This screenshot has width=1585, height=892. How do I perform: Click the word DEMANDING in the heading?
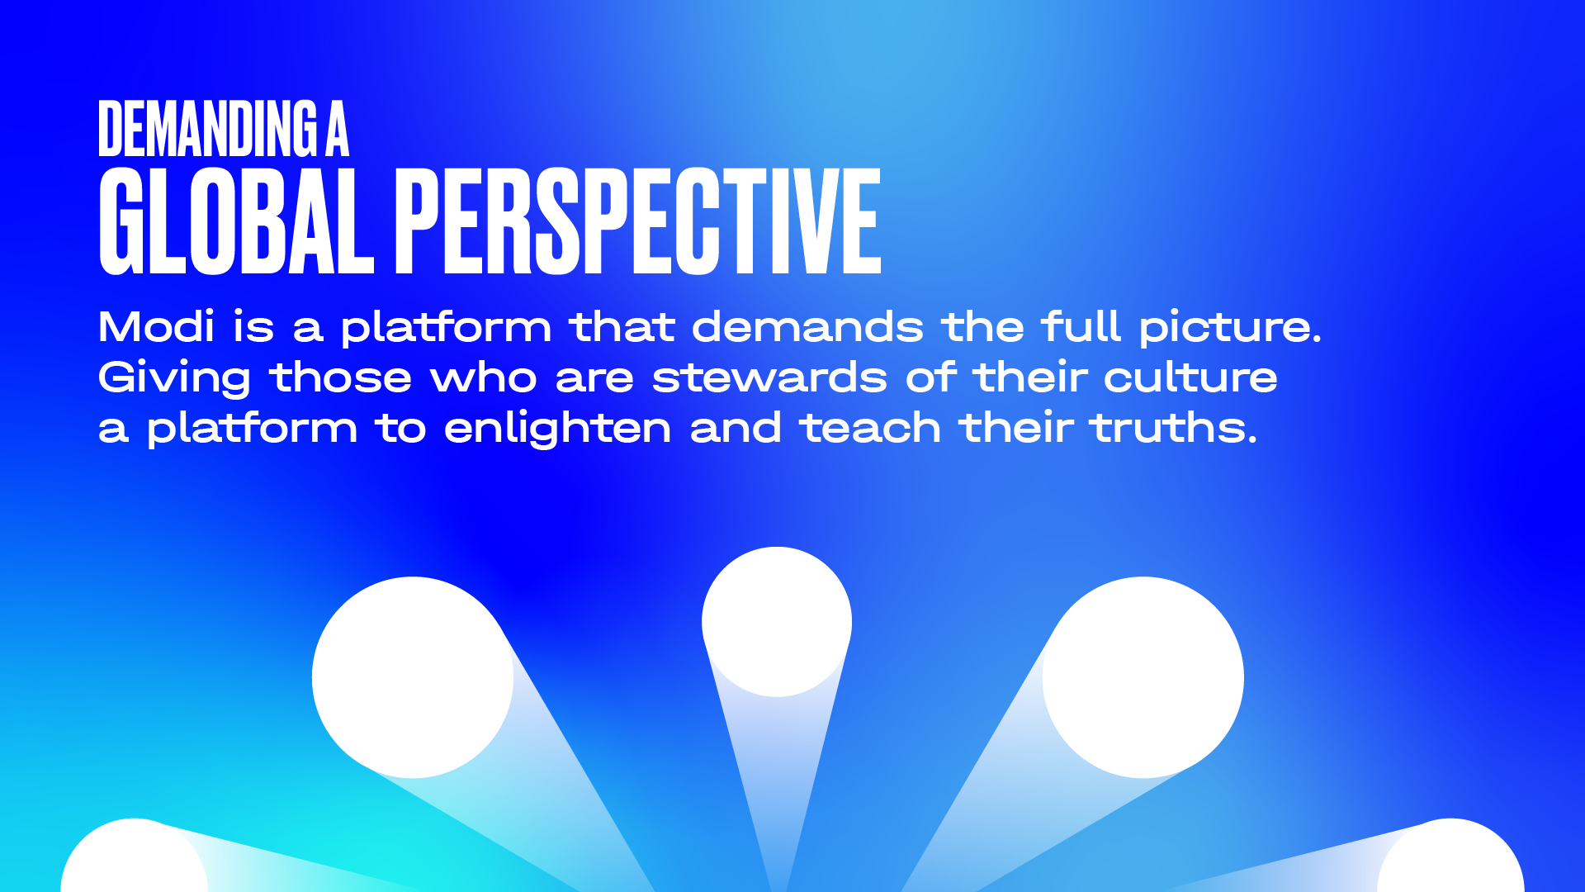[x=207, y=128]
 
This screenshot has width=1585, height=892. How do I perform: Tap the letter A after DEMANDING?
[x=337, y=128]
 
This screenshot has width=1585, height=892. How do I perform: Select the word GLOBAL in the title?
[x=236, y=221]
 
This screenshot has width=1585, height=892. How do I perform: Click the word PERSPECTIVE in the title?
[x=638, y=221]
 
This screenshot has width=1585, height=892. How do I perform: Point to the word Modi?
[x=157, y=326]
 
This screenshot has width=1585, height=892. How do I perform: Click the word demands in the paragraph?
[x=807, y=326]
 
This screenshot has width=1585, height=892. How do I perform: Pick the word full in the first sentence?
[x=1081, y=326]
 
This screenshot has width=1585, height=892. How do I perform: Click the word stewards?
[x=769, y=377]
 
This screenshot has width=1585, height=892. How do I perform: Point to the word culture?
[x=1190, y=377]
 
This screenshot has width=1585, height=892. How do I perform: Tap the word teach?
[x=870, y=428]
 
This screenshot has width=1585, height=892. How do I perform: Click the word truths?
[x=1174, y=428]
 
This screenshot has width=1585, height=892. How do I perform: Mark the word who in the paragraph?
[x=484, y=377]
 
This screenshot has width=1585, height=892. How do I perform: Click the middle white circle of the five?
[x=777, y=622]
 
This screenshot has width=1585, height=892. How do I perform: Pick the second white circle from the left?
[x=413, y=677]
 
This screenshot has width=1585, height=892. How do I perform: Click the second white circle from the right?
[x=1143, y=677]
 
